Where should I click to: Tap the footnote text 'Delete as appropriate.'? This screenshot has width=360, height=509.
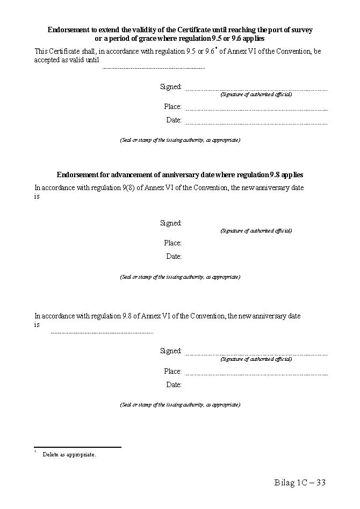pos(69,454)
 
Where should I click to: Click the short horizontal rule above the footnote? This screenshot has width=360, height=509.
pos(77,447)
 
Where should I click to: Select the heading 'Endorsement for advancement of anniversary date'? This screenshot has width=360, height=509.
pos(179,174)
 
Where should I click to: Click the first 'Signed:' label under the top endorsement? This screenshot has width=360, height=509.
pos(171,86)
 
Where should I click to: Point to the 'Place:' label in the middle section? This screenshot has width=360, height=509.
pos(173,243)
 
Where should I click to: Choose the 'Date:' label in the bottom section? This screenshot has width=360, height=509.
pos(174,384)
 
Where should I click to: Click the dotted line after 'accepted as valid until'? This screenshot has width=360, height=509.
pos(154,68)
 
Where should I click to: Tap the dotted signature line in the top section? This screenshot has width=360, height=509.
pos(256,90)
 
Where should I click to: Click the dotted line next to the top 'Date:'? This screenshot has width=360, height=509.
pos(256,123)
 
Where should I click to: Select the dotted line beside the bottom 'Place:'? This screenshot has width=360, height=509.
pos(256,374)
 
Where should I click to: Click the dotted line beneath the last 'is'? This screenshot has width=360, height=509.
pos(102,333)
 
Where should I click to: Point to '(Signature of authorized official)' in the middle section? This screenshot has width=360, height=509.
pos(256,230)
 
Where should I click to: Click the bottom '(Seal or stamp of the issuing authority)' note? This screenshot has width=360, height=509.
pos(180,404)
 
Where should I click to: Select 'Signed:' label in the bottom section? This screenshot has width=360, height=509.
pos(171,351)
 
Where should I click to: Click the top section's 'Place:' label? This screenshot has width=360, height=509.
pos(173,106)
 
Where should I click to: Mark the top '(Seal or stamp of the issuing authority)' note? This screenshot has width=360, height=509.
pos(180,140)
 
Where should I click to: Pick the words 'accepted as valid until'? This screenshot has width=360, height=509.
pos(67,60)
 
